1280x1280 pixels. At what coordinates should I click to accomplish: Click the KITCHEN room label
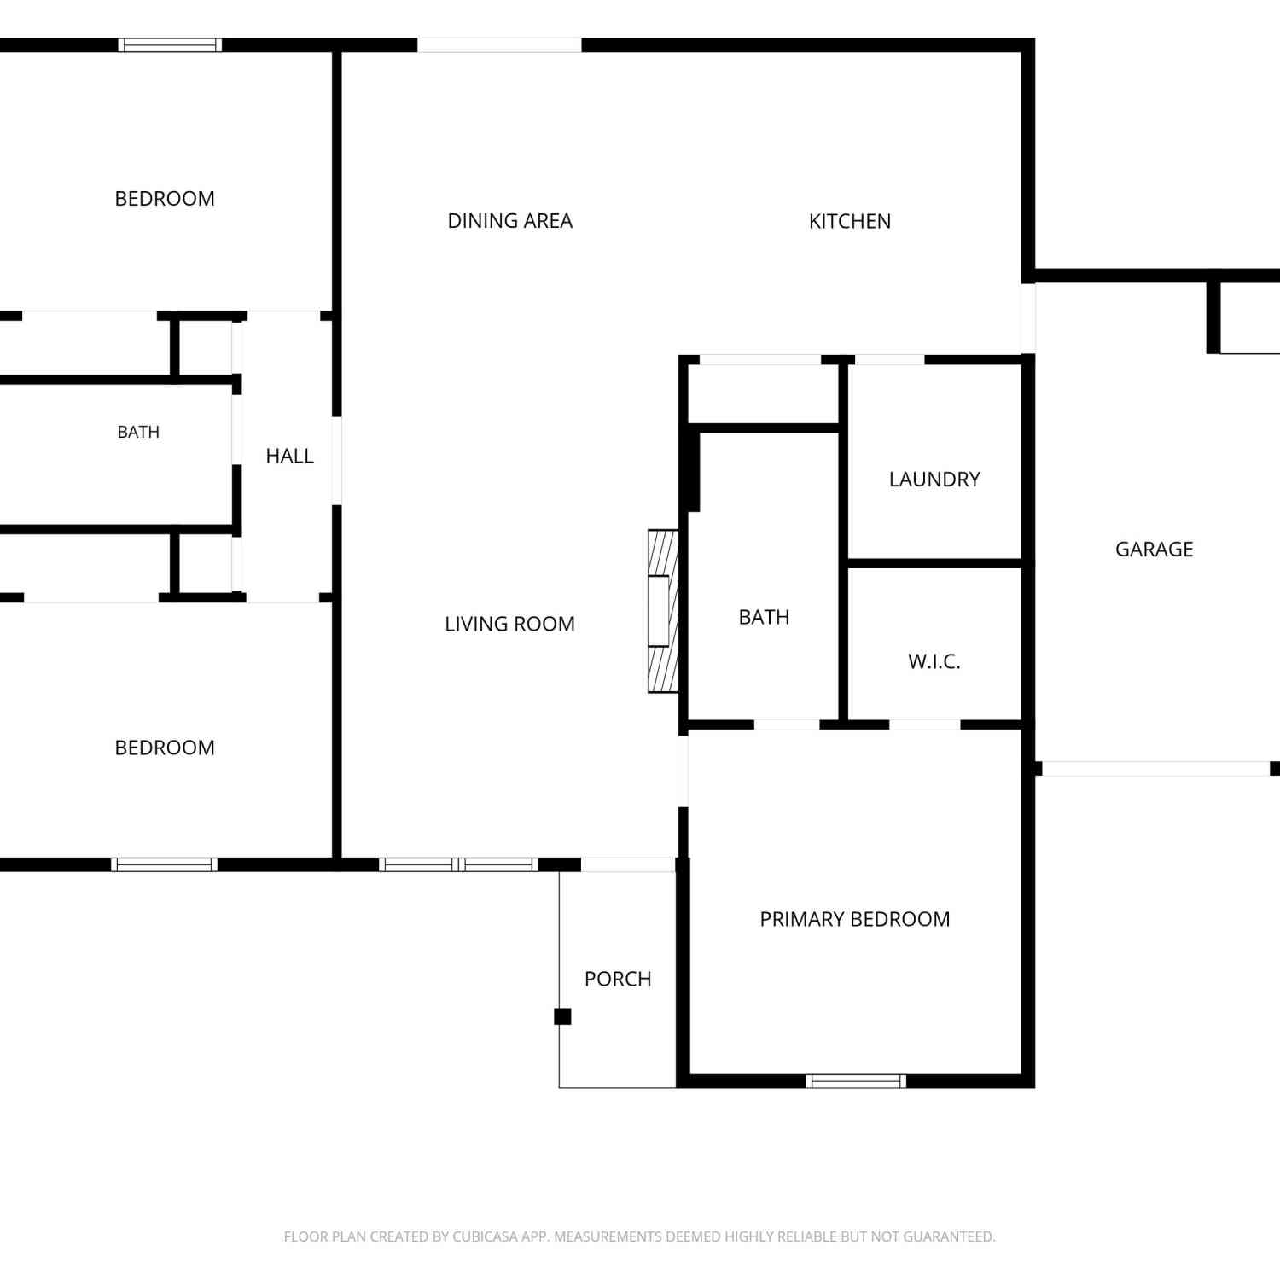point(850,222)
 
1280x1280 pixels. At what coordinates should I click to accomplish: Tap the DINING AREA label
point(510,221)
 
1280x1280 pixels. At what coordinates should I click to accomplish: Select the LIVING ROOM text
point(509,625)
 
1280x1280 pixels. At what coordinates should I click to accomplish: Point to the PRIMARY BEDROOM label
point(855,919)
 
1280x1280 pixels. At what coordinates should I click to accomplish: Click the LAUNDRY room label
point(934,480)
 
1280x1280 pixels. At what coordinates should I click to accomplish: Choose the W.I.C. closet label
point(934,661)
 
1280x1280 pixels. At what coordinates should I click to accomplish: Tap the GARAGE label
point(1155,550)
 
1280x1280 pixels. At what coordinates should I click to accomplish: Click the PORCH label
point(618,979)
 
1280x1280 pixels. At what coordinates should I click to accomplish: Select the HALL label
point(290,457)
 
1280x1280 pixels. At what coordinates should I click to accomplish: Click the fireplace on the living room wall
point(663,611)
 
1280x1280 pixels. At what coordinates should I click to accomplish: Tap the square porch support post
point(562,1016)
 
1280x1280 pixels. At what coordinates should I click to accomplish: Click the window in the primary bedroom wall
point(856,1081)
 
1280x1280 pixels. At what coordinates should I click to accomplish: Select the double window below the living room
point(458,864)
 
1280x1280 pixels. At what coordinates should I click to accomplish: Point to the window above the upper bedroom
point(170,45)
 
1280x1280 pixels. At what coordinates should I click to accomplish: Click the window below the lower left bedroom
point(164,864)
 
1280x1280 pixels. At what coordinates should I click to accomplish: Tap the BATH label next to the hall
point(138,433)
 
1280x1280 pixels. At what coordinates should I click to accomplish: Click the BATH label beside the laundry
point(764,617)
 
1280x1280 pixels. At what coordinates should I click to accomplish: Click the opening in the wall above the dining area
point(499,45)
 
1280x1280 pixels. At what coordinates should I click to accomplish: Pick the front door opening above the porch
point(628,865)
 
